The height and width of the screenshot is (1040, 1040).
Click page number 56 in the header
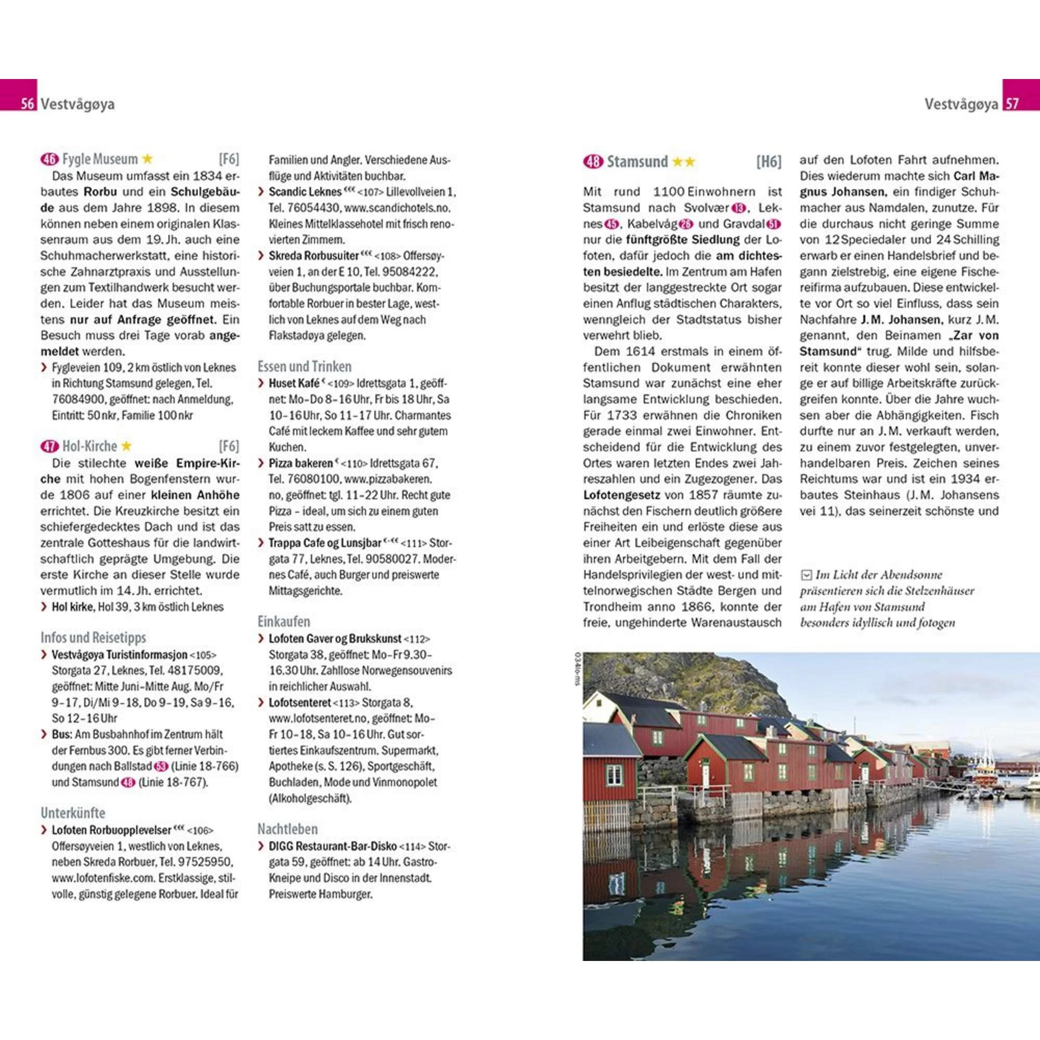[x=27, y=103]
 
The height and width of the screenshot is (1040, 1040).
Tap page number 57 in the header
[x=1012, y=103]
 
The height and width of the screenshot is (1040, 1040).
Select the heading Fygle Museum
[x=100, y=159]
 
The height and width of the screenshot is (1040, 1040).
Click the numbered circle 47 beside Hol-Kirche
[x=49, y=447]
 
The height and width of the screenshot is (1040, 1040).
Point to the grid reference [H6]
[x=768, y=162]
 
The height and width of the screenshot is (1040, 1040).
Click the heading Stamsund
[x=637, y=162]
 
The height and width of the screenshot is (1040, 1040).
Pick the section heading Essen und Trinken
[x=304, y=367]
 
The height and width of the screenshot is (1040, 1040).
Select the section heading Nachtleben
[x=288, y=829]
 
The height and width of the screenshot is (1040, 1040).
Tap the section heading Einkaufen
[x=284, y=622]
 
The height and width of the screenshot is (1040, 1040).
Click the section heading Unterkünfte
[x=73, y=813]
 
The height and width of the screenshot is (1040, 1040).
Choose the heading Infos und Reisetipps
[x=93, y=638]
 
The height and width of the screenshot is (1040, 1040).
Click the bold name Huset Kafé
[x=294, y=384]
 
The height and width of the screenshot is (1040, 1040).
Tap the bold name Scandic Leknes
[x=305, y=192]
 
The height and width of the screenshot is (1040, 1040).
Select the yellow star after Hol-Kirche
[x=126, y=446]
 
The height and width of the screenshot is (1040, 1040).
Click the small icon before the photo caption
[x=806, y=576]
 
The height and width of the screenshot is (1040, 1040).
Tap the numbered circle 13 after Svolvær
[x=739, y=209]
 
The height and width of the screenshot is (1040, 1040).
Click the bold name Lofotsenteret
[x=300, y=703]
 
